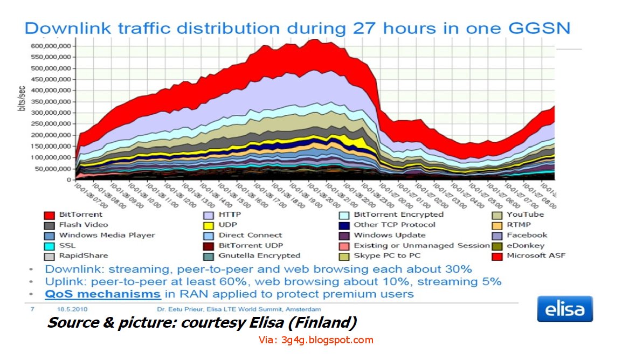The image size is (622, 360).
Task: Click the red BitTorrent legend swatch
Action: tap(49, 214)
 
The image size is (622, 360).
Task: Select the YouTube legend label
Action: tap(526, 214)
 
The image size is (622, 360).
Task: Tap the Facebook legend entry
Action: tap(527, 235)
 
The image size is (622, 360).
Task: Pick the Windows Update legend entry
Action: tap(389, 235)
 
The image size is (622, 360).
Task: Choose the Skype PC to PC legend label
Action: tap(387, 255)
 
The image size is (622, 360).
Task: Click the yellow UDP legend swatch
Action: tap(208, 225)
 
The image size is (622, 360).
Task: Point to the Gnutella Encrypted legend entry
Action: tap(259, 255)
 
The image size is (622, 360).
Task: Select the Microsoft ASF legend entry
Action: tap(536, 255)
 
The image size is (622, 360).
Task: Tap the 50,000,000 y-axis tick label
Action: tap(54, 168)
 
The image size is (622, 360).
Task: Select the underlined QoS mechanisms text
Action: tap(103, 294)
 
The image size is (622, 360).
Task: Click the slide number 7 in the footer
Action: tap(32, 309)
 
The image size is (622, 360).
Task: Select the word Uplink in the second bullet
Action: tap(63, 281)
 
